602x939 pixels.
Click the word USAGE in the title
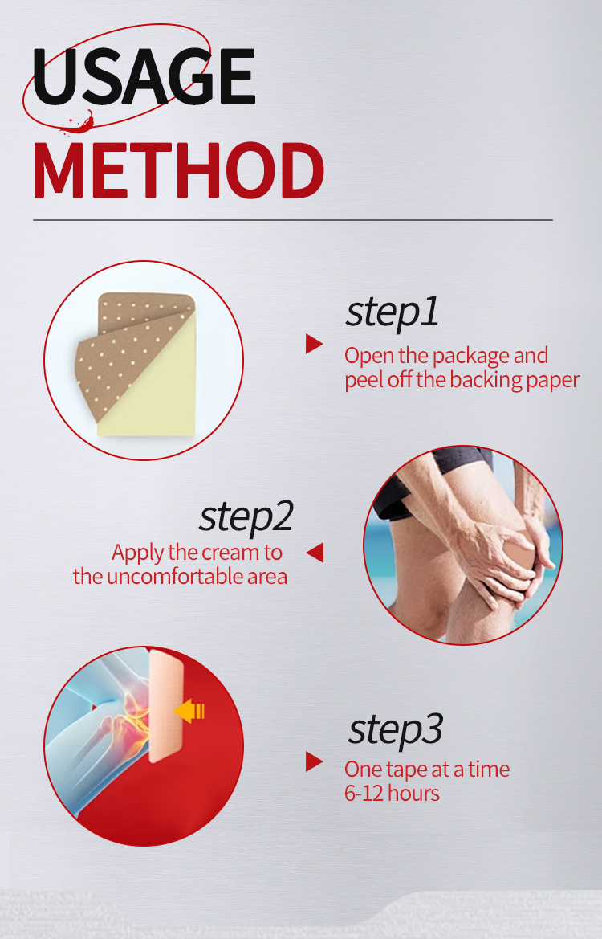[144, 76]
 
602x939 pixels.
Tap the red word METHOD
[178, 170]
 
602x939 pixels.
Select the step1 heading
[392, 312]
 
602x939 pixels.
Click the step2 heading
[246, 516]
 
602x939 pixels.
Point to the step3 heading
[396, 729]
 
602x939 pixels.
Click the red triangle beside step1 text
[314, 344]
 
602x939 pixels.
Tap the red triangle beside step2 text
[315, 552]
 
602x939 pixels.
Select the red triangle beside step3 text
[314, 761]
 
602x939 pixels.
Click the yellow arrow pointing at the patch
[189, 712]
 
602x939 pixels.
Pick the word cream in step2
[226, 553]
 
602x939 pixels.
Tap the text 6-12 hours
[392, 794]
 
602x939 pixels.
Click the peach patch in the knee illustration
[166, 705]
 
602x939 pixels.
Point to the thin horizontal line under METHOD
[293, 220]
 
